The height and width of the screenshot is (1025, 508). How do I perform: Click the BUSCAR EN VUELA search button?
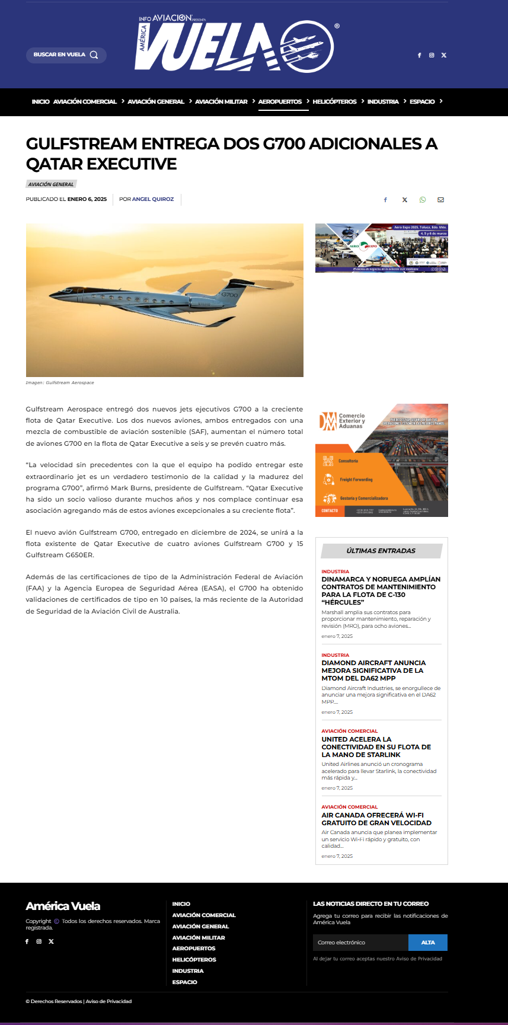pos(66,55)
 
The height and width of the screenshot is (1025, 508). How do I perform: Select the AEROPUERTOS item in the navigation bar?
pos(280,102)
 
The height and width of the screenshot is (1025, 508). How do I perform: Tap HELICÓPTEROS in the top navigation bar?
pos(334,102)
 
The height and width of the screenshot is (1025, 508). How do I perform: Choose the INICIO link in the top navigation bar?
pos(40,102)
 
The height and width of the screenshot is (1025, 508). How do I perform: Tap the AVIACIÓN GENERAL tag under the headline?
pos(51,184)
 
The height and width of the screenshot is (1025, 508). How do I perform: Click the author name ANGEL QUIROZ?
pos(153,199)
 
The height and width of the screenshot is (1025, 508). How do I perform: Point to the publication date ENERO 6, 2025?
pos(87,199)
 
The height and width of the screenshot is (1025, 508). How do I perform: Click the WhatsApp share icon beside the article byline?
pos(423,200)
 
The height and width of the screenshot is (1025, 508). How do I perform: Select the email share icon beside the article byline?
pos(440,200)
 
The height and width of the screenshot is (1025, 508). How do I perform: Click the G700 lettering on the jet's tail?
pos(229,295)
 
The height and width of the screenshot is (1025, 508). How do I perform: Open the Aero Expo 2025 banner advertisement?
pos(381,248)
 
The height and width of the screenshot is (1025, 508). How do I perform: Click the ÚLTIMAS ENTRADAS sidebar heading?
pos(381,551)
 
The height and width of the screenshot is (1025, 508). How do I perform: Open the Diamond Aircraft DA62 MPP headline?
pos(373,670)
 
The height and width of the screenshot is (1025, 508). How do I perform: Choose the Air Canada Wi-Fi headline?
pos(376,819)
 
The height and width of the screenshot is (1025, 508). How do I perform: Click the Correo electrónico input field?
pos(360,943)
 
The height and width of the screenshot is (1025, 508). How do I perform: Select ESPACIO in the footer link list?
pos(184,982)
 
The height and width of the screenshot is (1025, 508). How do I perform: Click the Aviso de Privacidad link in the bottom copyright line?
pos(108,1001)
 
